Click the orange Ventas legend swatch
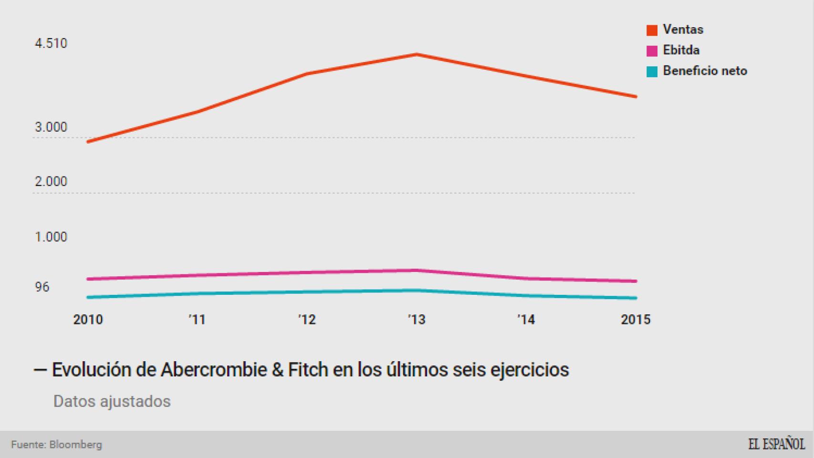click(652, 30)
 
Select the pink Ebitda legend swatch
click(652, 51)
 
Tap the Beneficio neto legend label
click(705, 71)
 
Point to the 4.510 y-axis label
click(51, 43)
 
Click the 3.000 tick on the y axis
click(51, 127)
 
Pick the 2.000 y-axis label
click(51, 182)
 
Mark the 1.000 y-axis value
click(51, 237)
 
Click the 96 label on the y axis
click(42, 287)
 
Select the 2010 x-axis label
click(88, 320)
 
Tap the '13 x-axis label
click(417, 320)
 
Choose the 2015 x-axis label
click(635, 320)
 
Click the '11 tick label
click(197, 320)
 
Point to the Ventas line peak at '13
click(417, 54)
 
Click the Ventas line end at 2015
click(635, 96)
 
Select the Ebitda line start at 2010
click(88, 279)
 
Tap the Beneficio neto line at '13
click(417, 290)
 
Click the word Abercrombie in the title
click(213, 370)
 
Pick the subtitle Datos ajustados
click(112, 401)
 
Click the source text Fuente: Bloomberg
click(56, 445)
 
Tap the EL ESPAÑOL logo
click(776, 444)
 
